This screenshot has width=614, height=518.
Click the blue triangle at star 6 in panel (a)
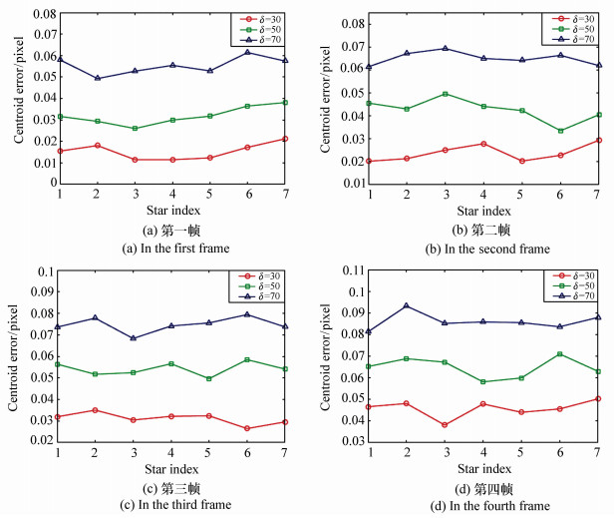click(x=248, y=52)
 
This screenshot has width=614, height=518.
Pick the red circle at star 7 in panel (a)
click(x=286, y=139)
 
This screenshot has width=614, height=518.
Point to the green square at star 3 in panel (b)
click(x=446, y=94)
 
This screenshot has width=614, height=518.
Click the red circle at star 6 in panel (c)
click(x=248, y=428)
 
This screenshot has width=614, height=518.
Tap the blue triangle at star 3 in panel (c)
click(x=134, y=338)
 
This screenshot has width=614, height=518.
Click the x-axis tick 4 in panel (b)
click(x=483, y=194)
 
